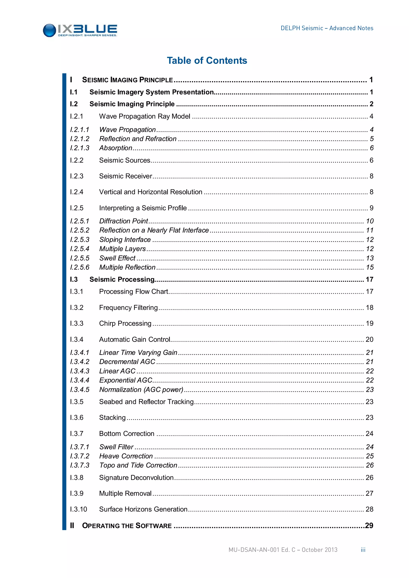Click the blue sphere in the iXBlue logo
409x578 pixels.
[49, 31]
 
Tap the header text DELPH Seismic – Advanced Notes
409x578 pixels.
[327, 28]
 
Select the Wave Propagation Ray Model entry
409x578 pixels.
[145, 116]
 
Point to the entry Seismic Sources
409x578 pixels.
[124, 160]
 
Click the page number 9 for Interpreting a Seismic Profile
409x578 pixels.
[371, 208]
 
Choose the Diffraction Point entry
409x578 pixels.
[123, 221]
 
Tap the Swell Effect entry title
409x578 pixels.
[117, 258]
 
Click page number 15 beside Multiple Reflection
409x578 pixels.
[369, 267]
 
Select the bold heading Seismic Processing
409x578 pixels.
[122, 279]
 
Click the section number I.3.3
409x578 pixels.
[76, 324]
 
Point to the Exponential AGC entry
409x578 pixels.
[126, 380]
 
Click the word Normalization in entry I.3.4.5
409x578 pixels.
[120, 390]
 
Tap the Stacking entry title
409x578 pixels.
[112, 418]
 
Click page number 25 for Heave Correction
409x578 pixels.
[369, 456]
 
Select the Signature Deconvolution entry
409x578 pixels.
[136, 478]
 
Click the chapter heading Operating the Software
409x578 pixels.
[127, 526]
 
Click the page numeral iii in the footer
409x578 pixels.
[363, 550]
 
